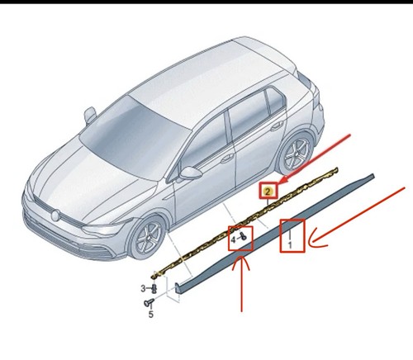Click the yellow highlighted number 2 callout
[x=268, y=191]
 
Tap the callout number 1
[x=290, y=244]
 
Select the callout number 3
[x=143, y=288]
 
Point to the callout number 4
[x=233, y=240]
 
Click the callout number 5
[x=151, y=314]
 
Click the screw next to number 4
[x=243, y=236]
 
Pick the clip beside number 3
[x=154, y=288]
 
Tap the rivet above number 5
[x=148, y=303]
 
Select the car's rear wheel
[x=295, y=153]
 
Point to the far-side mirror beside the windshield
[x=90, y=116]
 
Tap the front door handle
[x=228, y=159]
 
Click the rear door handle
[x=277, y=127]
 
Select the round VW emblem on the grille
[x=55, y=216]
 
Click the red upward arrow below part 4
[x=241, y=284]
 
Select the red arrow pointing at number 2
[x=315, y=159]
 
